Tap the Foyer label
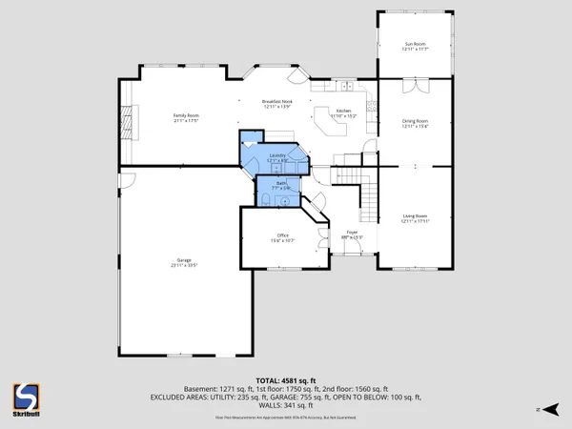pos(351,233)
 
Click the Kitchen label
pos(344,112)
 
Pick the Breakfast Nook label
pos(276,102)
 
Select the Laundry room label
pos(277,155)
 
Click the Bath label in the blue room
pos(281,182)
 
